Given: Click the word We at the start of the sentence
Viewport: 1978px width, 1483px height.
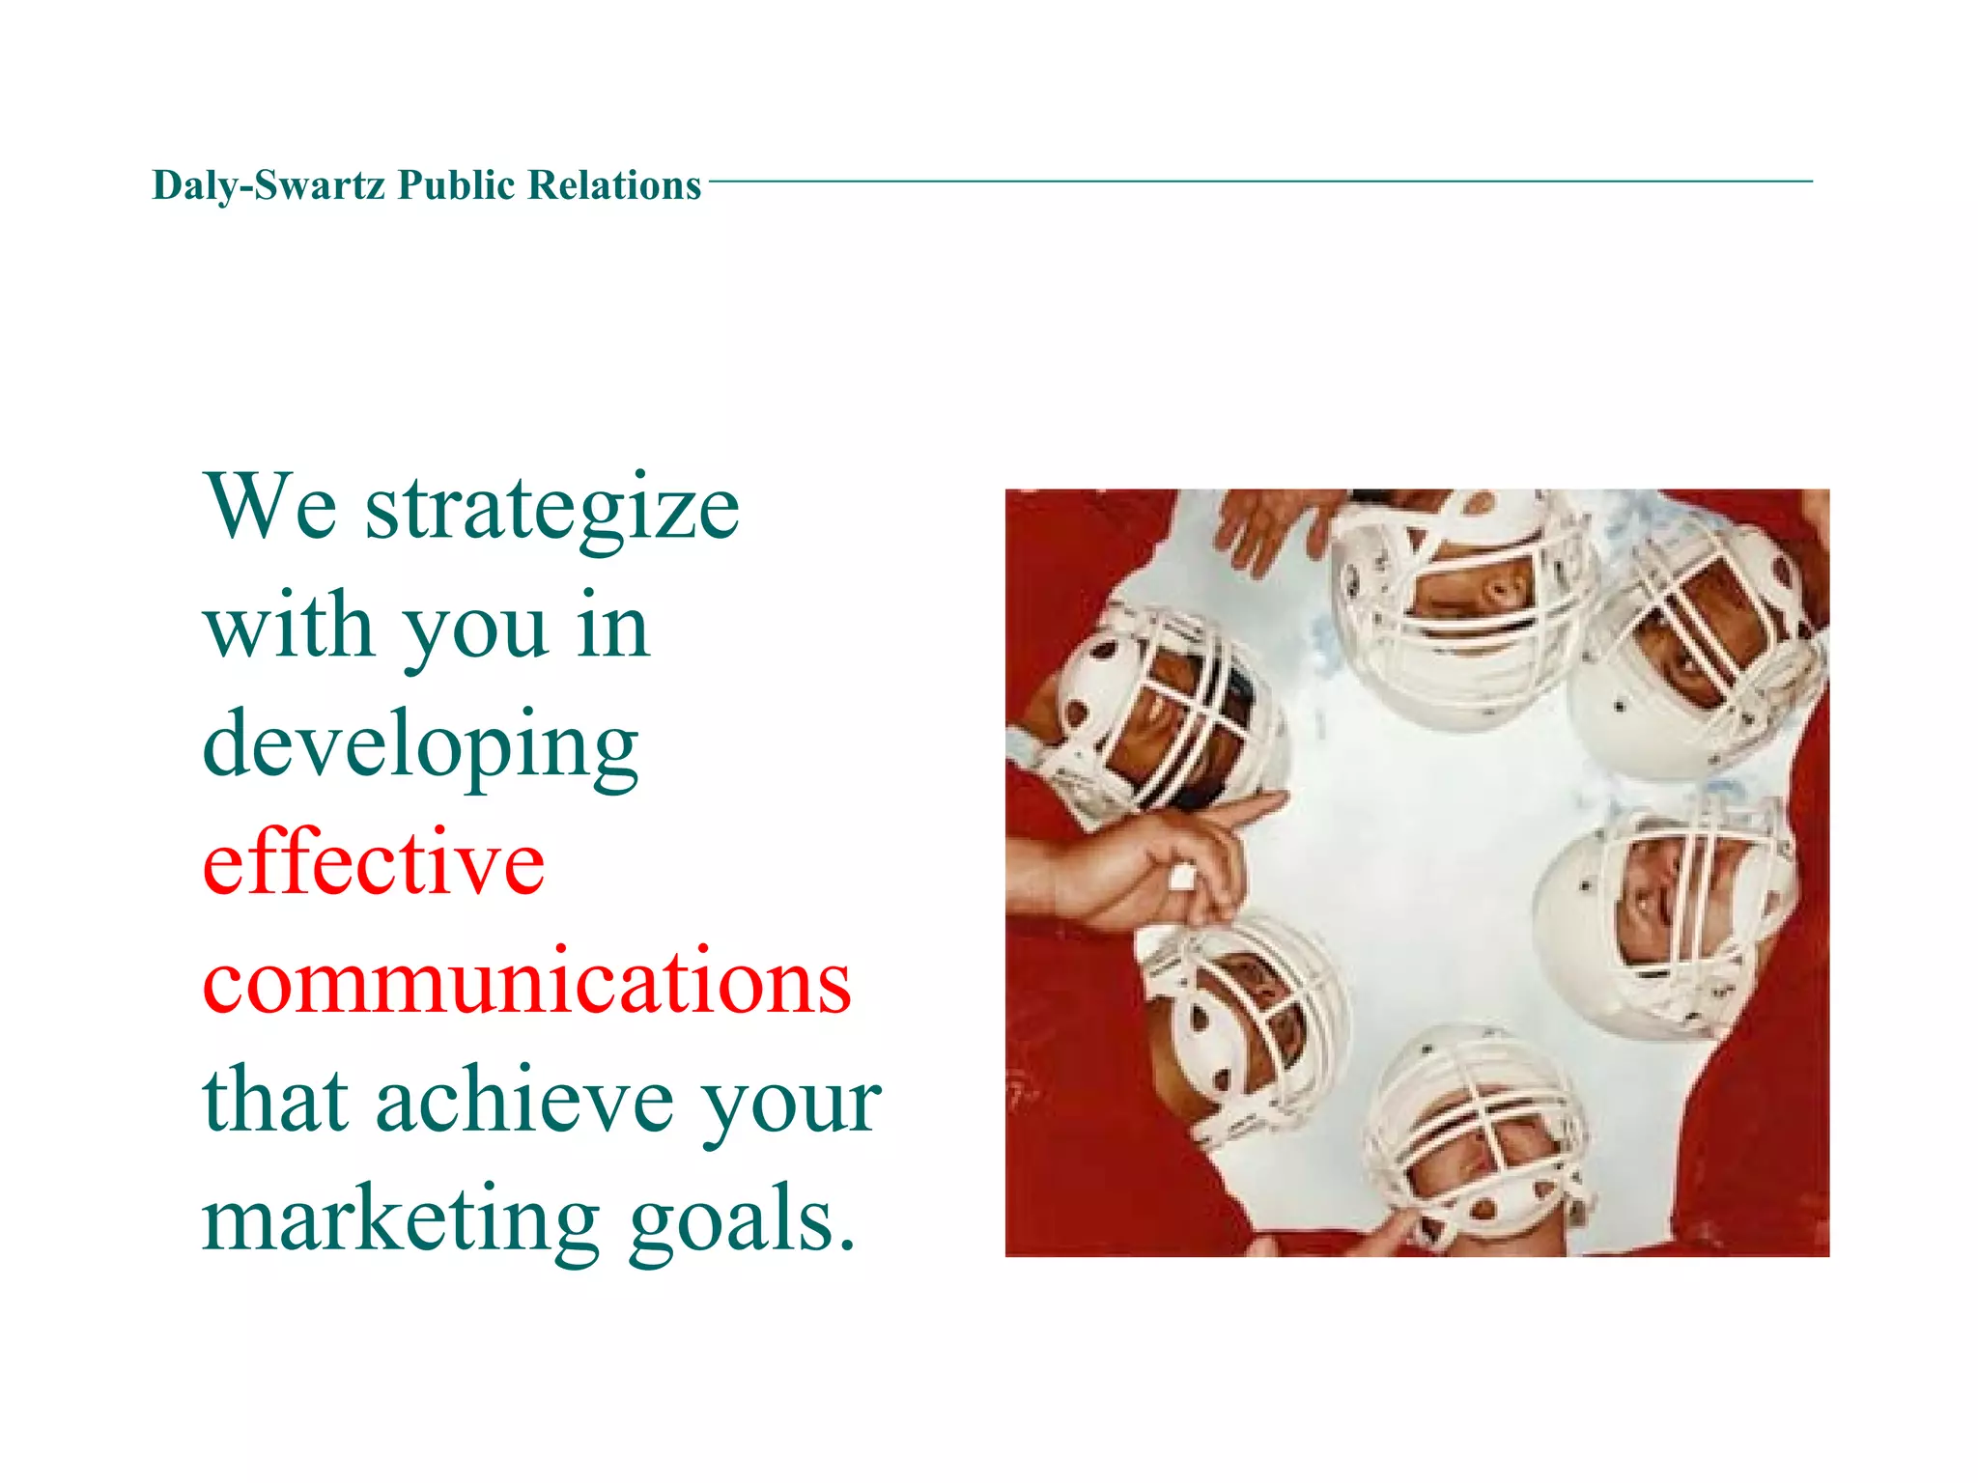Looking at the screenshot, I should coord(270,508).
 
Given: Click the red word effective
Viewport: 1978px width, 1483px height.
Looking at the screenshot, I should coord(374,862).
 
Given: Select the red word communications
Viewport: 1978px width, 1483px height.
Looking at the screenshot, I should coord(526,982).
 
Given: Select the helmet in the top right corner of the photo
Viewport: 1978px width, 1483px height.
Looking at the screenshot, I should coord(1700,647).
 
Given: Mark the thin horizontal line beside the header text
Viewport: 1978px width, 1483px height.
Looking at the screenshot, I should coord(1256,181).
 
